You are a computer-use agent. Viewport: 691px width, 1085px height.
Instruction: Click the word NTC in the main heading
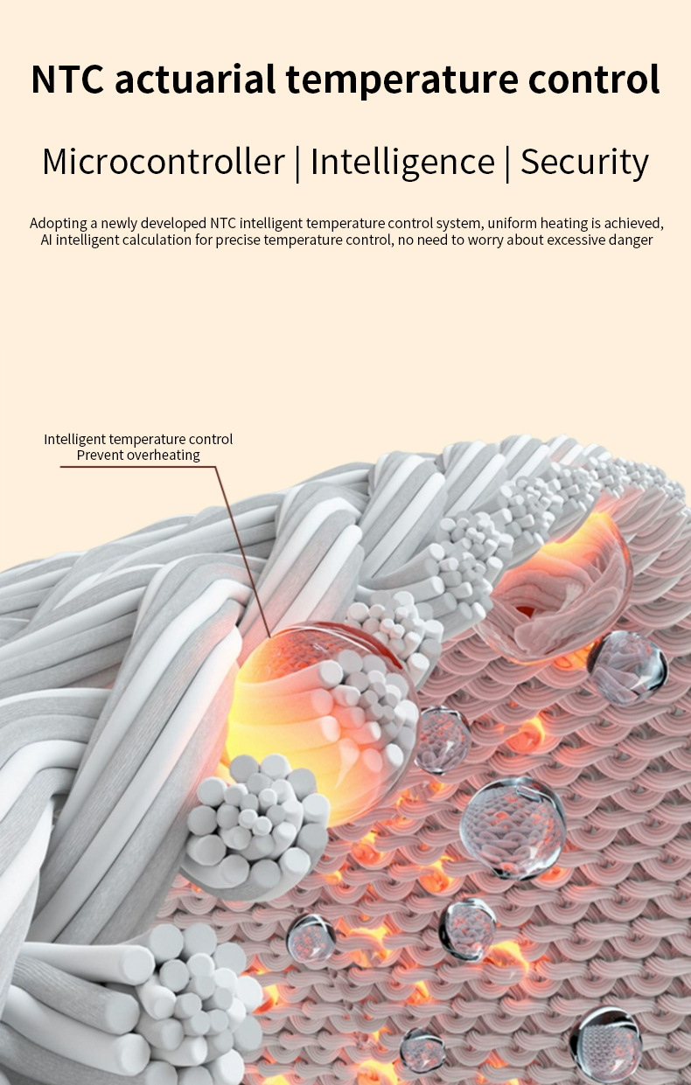coord(67,80)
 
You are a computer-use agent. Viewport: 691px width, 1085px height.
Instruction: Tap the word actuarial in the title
coord(195,80)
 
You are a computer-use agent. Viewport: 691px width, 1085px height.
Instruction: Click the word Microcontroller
coord(164,163)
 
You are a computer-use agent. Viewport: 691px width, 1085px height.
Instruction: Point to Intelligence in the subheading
coord(402,163)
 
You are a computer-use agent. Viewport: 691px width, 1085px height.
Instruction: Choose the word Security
coord(584,163)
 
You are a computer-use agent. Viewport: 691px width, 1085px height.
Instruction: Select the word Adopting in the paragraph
coord(57,223)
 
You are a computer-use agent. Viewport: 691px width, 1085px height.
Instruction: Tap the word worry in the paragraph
coord(483,240)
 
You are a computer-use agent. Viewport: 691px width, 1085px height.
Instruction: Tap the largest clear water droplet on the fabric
coord(513,826)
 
